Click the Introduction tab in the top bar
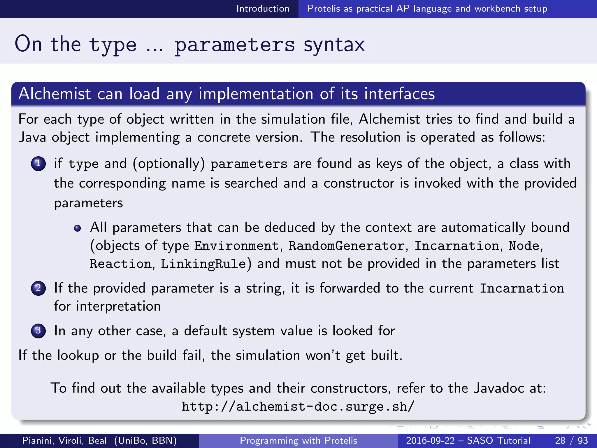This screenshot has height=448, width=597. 263,9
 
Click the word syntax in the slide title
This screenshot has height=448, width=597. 334,45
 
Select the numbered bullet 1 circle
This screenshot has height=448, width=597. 38,164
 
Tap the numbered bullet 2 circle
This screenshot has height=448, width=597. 38,288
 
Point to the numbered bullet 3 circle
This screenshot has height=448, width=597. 38,331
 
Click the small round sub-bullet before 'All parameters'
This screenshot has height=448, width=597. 77,228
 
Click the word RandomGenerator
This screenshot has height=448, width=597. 346,246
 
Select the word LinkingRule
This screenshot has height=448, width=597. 203,264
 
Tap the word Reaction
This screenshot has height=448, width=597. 120,264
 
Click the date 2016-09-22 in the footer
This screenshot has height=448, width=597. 430,440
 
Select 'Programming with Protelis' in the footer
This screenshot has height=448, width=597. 298,440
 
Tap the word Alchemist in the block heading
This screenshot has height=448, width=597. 55,94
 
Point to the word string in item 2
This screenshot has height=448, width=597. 264,289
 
